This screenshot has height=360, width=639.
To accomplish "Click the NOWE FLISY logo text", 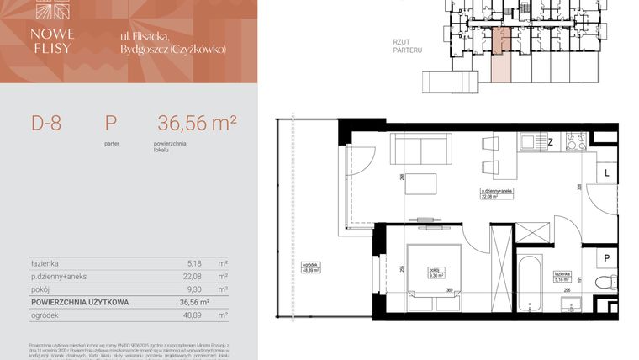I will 53,40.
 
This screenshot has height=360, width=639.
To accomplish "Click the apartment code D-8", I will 46,124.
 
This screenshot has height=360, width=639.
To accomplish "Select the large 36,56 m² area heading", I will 197,124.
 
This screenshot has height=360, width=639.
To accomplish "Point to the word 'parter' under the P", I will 111,144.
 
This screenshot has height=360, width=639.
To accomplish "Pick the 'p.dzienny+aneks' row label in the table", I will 59,275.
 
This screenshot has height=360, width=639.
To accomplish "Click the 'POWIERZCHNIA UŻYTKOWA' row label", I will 80,301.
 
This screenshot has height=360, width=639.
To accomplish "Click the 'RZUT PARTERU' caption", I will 407,45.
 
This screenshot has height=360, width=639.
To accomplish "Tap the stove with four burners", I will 576,142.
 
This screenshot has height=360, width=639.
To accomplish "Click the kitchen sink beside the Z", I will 532,142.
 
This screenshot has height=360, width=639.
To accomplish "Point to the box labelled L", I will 606,172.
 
